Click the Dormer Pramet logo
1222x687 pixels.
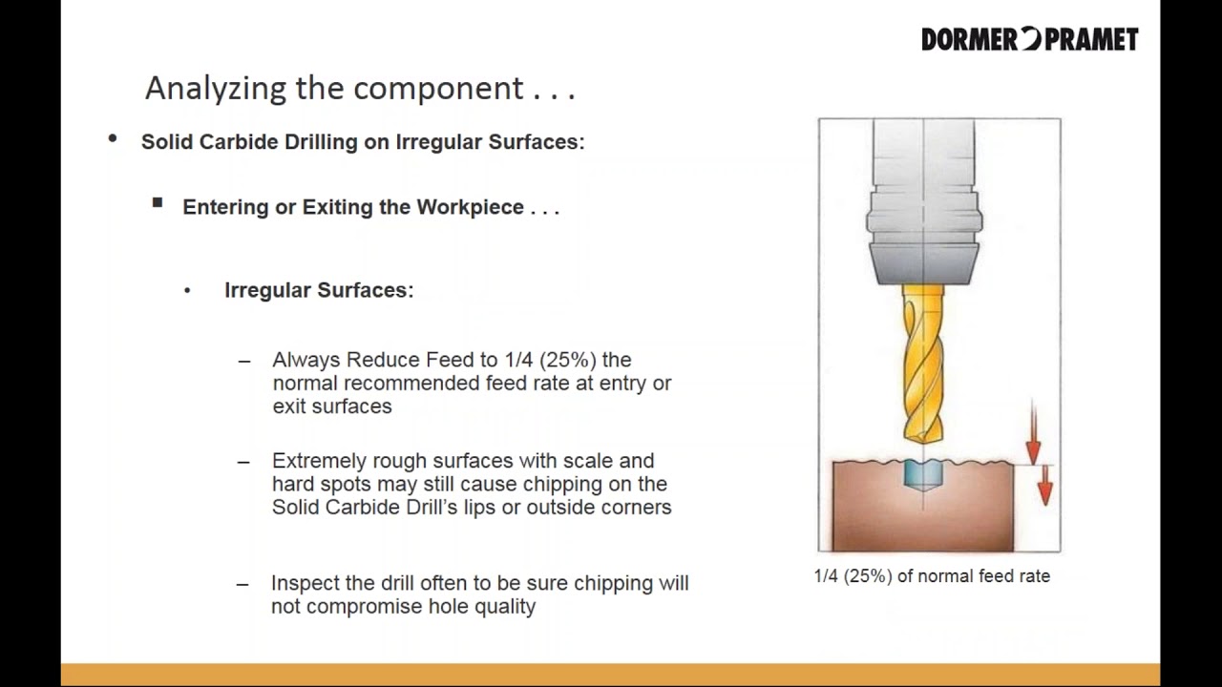[1029, 39]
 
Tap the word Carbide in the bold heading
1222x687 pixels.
[239, 141]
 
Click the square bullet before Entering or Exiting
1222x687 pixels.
[158, 203]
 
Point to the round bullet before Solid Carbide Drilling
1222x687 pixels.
[113, 139]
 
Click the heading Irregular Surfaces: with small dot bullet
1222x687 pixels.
[319, 290]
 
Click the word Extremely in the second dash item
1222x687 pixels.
[318, 461]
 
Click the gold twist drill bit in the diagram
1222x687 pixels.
[923, 363]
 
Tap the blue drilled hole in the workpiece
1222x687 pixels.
[923, 474]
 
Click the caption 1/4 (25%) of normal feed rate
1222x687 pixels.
[932, 576]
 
